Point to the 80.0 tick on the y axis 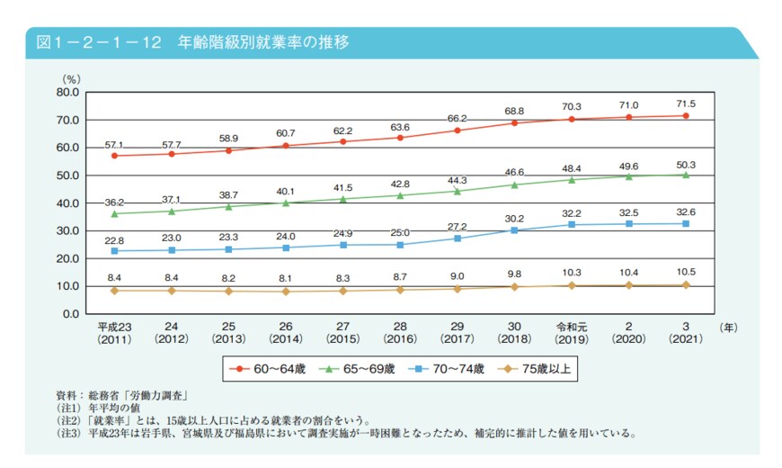coord(67,92)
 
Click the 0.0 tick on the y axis coord(71,314)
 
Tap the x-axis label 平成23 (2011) coord(114,334)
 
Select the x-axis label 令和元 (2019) coord(571,334)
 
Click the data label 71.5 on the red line coord(685,103)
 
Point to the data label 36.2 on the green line coord(113,202)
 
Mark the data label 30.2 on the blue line coord(513,218)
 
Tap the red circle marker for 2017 coord(457,130)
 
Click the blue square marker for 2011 coord(114,251)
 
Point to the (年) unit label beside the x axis coord(729,328)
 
